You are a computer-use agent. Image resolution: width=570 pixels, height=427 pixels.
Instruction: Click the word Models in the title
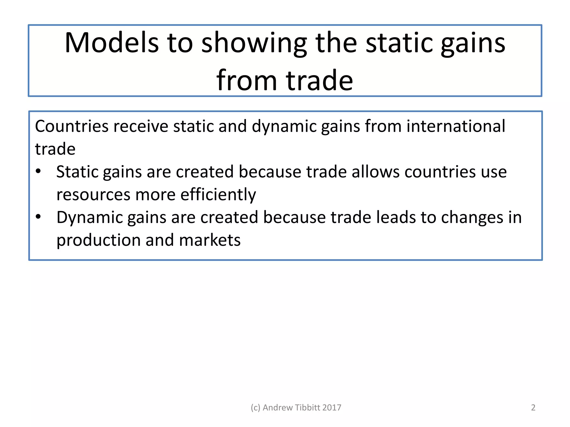pyautogui.click(x=112, y=43)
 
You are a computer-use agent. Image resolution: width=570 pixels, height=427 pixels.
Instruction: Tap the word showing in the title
pyautogui.click(x=254, y=43)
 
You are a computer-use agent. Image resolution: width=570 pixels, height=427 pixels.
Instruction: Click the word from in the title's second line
pyautogui.click(x=247, y=80)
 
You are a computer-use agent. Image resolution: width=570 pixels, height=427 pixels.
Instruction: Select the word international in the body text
pyautogui.click(x=456, y=126)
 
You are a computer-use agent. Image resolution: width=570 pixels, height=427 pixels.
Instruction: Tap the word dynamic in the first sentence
pyautogui.click(x=284, y=127)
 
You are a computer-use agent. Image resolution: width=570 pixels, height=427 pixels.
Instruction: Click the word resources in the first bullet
pyautogui.click(x=93, y=195)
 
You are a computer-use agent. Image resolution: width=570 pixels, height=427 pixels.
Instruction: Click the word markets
pyautogui.click(x=210, y=240)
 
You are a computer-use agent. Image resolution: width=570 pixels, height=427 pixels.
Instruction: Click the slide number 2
pyautogui.click(x=533, y=408)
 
